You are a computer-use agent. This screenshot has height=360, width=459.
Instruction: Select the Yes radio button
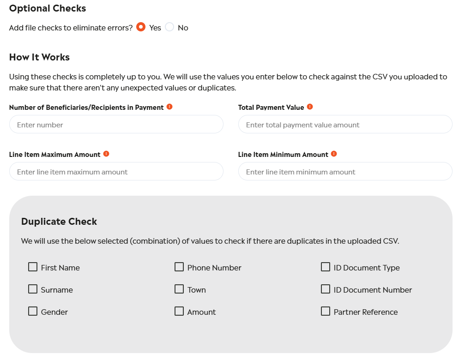[x=141, y=27]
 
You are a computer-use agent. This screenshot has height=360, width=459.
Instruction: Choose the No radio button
[x=169, y=27]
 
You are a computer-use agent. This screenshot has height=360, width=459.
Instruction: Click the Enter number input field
[x=116, y=125]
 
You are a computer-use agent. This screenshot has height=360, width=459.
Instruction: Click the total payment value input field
[x=345, y=125]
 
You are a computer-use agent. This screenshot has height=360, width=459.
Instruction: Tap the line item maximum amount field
[x=116, y=172]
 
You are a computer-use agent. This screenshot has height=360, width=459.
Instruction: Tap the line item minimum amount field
[x=345, y=172]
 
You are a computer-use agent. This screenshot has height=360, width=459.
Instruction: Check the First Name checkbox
[x=33, y=267]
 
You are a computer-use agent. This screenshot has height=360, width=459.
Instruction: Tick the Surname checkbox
[x=33, y=289]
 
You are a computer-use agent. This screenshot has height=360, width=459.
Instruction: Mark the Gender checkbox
[x=33, y=311]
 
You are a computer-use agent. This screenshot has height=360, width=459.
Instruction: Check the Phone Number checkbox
[x=179, y=267]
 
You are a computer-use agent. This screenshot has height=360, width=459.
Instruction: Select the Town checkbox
[x=179, y=289]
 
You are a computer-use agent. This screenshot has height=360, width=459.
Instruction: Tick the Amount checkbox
[x=179, y=311]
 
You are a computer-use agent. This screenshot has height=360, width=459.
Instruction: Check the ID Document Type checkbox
[x=326, y=267]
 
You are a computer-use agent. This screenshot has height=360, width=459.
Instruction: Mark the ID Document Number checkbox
[x=326, y=289]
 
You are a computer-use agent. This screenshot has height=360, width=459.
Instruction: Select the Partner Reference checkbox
[x=326, y=311]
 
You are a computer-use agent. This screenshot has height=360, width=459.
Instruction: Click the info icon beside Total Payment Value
[x=310, y=107]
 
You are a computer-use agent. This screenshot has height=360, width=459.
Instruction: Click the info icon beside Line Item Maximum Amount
[x=106, y=154]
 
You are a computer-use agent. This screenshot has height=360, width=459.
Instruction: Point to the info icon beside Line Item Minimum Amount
[x=334, y=154]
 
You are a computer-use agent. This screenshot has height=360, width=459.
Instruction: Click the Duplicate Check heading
[x=59, y=222]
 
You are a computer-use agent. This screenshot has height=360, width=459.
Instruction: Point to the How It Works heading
[x=39, y=57]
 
